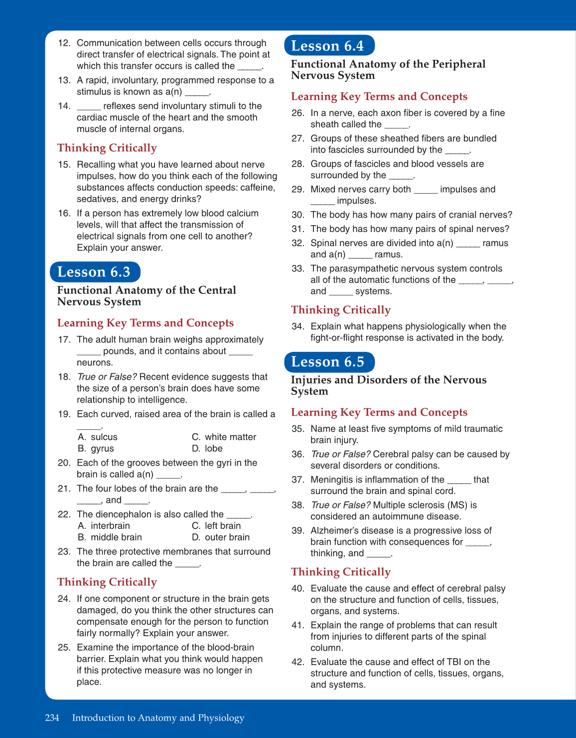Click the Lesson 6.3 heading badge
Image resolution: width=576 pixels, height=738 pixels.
[x=95, y=272]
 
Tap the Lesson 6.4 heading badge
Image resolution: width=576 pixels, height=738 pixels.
[x=328, y=46]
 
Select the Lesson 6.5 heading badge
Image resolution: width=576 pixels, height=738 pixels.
[x=328, y=362]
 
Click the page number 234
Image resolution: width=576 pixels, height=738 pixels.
[x=52, y=718]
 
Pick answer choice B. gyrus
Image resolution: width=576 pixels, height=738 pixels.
[x=96, y=449]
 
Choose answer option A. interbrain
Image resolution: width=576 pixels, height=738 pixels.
[x=104, y=526]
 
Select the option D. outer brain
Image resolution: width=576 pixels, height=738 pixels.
[x=221, y=537]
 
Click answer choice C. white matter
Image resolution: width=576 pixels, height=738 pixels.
[x=224, y=437]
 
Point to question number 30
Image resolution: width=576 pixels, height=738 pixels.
[x=297, y=215]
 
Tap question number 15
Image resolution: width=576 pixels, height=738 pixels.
[x=64, y=165]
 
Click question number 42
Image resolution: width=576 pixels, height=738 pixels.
[x=297, y=662]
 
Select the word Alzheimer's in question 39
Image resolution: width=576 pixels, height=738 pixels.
[x=333, y=531]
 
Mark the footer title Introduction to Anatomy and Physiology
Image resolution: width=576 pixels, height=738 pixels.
[x=158, y=718]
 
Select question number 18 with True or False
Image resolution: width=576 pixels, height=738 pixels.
[x=64, y=377]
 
